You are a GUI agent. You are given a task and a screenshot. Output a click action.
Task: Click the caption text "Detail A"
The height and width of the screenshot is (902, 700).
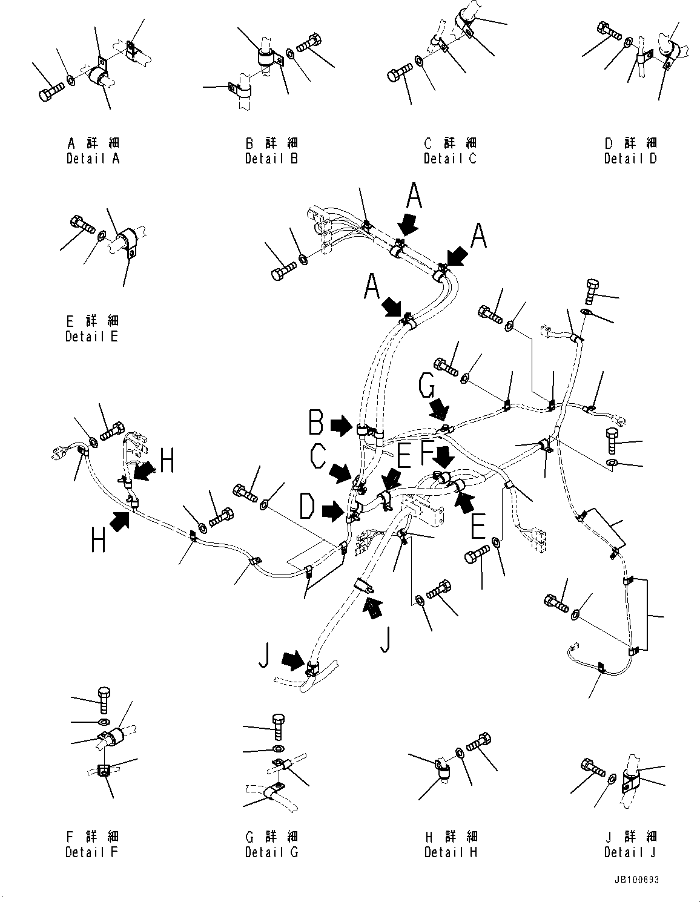(93, 159)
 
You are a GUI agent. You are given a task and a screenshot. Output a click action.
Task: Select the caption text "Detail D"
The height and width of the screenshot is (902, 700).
(630, 159)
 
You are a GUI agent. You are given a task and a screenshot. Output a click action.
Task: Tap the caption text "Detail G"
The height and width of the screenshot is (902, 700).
(272, 852)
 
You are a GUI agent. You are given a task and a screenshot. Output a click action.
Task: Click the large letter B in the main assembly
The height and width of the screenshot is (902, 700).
(315, 422)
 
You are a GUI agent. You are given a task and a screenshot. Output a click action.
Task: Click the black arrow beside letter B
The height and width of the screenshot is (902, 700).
(341, 426)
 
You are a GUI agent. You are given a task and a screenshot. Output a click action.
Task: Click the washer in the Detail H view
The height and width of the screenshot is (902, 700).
(460, 752)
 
